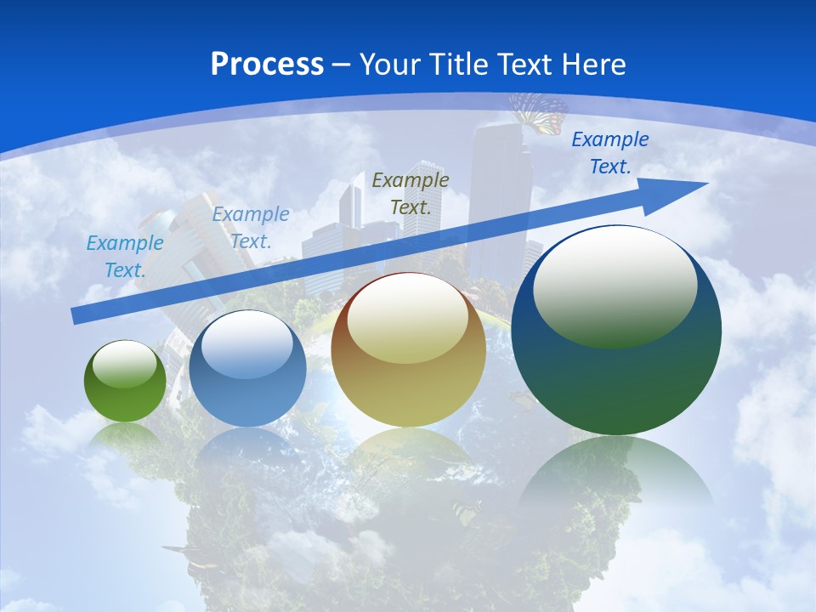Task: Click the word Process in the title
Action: pos(267,65)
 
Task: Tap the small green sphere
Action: pos(125,382)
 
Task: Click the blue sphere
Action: pos(247,369)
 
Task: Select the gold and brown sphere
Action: pos(408,350)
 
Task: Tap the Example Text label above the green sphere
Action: pos(125,257)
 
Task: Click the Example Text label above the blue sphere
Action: pos(251,228)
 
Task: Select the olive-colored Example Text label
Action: pos(411,193)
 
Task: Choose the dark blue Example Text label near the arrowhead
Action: pos(609,153)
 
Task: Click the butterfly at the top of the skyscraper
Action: pos(539,111)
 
